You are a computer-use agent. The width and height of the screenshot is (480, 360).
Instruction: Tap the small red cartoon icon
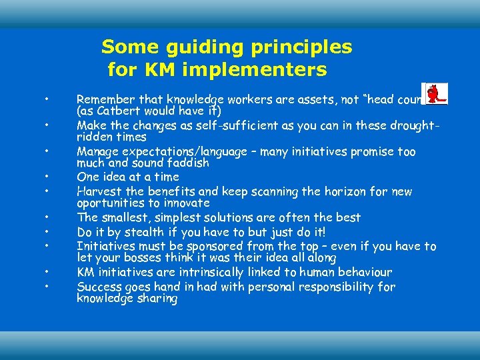point(435,94)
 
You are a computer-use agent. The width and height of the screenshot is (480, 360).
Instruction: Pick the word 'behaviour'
point(367,272)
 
